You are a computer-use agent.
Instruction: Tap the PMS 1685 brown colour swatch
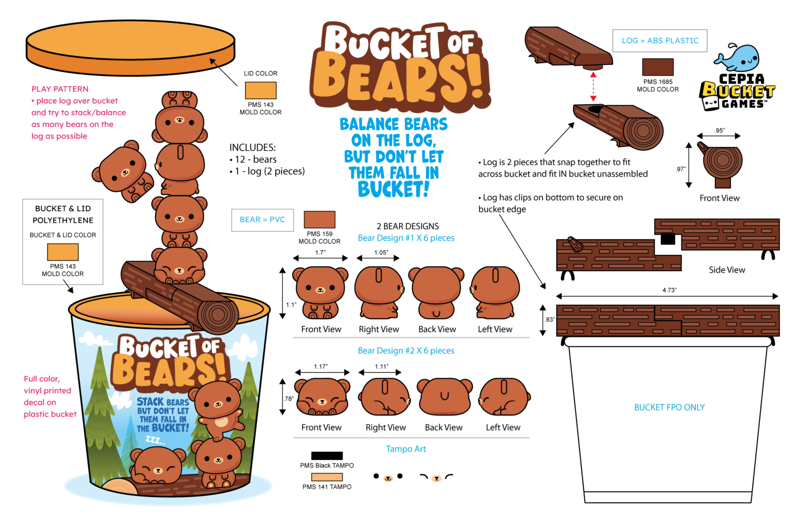point(657,67)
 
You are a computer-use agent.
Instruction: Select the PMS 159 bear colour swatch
point(319,219)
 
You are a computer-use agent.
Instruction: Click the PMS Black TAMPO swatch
point(327,455)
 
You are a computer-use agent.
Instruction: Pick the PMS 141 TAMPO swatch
point(327,477)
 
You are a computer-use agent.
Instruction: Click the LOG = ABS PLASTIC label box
point(659,41)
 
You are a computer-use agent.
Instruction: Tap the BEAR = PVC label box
point(262,220)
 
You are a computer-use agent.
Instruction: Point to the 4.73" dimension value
point(669,290)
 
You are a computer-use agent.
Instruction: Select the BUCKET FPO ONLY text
point(669,407)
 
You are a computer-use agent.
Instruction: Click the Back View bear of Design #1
point(436,292)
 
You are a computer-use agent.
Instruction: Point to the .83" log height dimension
point(550,320)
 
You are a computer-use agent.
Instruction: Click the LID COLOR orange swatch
point(260,90)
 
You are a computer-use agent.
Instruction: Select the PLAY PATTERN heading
point(59,89)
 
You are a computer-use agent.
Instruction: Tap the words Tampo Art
point(405,449)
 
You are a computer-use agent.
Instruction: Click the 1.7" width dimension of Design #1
point(320,253)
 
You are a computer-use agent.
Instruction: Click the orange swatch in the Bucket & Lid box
point(63,252)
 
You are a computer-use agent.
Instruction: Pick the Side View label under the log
point(727,270)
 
